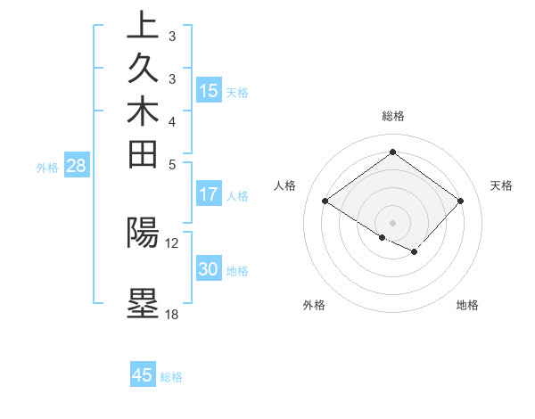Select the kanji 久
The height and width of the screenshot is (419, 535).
pyautogui.click(x=143, y=70)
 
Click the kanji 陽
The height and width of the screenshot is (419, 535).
pyautogui.click(x=143, y=232)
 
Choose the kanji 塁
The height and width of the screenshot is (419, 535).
pyautogui.click(x=143, y=303)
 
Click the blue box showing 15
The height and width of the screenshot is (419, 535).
pyautogui.click(x=209, y=90)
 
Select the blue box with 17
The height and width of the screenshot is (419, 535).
pyautogui.click(x=209, y=193)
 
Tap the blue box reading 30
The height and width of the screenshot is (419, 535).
pyautogui.click(x=209, y=269)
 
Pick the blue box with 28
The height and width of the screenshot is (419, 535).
pyautogui.click(x=76, y=165)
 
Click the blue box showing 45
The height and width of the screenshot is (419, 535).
pyautogui.click(x=143, y=375)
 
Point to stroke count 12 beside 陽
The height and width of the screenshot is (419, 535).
pyautogui.click(x=172, y=242)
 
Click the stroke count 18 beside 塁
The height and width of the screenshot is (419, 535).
pyautogui.click(x=172, y=314)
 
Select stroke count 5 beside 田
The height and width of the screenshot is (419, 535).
pyautogui.click(x=172, y=164)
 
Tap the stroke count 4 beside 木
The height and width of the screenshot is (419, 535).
pyautogui.click(x=172, y=121)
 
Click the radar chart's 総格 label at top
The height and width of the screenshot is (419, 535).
pyautogui.click(x=393, y=116)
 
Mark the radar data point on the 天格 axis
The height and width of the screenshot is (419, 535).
pyautogui.click(x=460, y=201)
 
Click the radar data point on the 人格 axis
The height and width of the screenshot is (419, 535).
pyautogui.click(x=325, y=201)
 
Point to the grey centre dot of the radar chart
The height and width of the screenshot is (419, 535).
pyautogui.click(x=392, y=222)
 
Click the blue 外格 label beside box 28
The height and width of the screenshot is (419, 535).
pyautogui.click(x=47, y=166)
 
